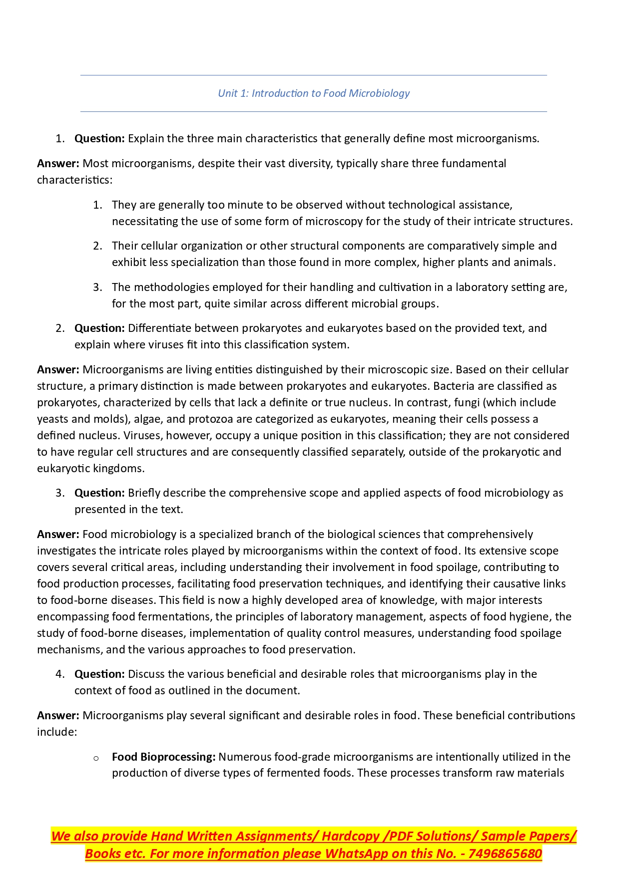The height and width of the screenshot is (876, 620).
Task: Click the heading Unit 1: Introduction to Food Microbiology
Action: pyautogui.click(x=314, y=93)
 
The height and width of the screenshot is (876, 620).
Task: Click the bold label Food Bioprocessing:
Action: pyautogui.click(x=163, y=757)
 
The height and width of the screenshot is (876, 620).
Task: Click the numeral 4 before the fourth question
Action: pyautogui.click(x=59, y=674)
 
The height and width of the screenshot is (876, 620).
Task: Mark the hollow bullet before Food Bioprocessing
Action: pyautogui.click(x=96, y=758)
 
